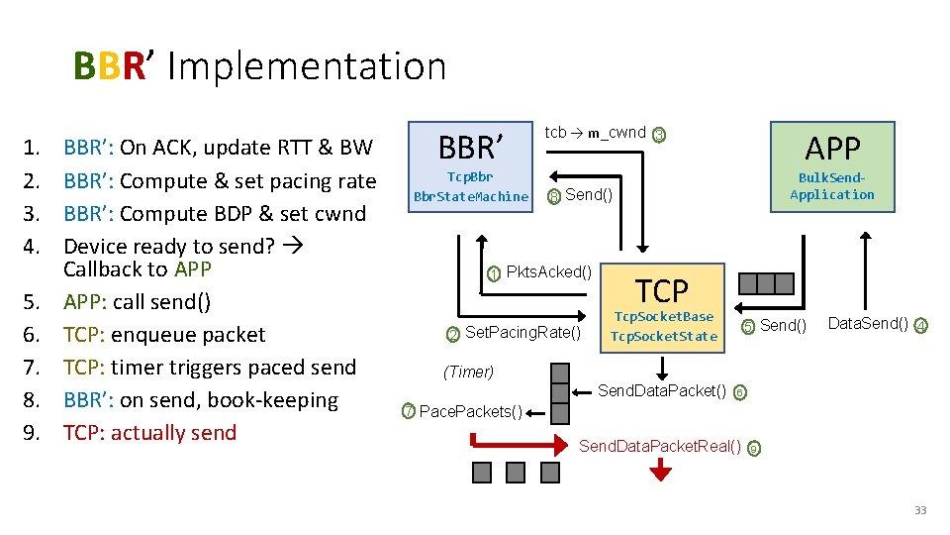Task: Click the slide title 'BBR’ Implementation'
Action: point(259,66)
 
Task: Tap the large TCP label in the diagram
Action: point(661,290)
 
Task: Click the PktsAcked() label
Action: point(548,272)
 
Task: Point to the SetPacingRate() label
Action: point(522,332)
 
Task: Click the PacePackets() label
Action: point(471,411)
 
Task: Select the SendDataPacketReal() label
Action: point(659,447)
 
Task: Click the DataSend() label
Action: point(867,324)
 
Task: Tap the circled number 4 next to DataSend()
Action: point(920,325)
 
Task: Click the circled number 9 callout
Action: point(754,448)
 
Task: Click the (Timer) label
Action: point(468,372)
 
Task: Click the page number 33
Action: point(919,510)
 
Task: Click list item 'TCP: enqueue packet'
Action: point(164,335)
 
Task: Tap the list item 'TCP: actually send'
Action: point(149,433)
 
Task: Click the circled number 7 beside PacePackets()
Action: point(408,411)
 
